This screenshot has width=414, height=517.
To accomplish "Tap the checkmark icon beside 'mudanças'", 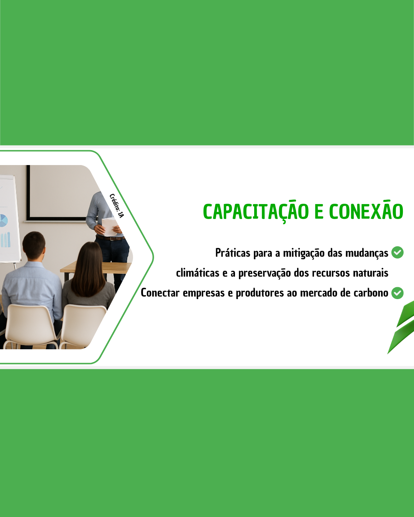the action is click(x=398, y=252).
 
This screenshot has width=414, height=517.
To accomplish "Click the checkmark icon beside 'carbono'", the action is click(x=398, y=293).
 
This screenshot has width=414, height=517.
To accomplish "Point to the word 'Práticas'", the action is click(x=233, y=253).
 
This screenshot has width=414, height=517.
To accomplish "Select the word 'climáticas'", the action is click(x=197, y=273).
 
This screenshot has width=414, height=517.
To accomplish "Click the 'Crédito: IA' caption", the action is click(x=117, y=206).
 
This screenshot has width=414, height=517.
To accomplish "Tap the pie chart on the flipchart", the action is click(x=3, y=221).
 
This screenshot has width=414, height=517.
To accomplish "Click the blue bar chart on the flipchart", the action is click(x=5, y=239).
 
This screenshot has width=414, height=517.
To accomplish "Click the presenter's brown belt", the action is click(x=110, y=238).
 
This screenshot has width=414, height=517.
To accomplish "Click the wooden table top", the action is click(x=96, y=268).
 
